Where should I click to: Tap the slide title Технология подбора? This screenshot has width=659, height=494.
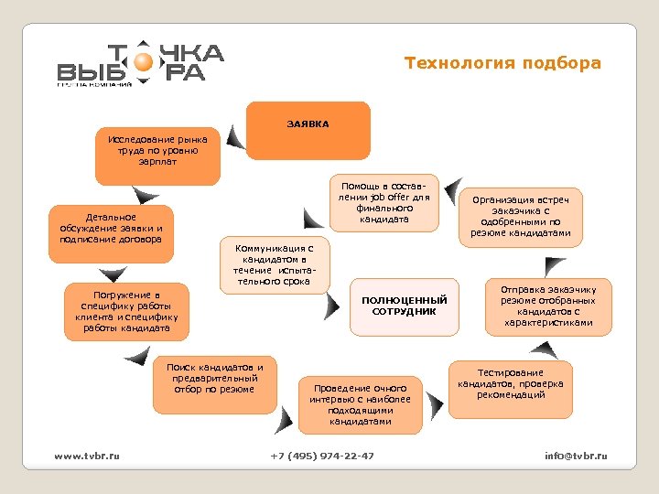pos(503,63)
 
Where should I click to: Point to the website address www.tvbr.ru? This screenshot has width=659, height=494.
pos(87,456)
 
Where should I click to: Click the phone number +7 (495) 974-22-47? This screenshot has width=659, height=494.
pos(322,456)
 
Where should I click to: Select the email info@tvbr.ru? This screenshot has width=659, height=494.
pos(576,456)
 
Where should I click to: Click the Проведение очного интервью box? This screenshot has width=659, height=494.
pos(360,404)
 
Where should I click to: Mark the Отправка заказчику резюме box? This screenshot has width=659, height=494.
pos(548,306)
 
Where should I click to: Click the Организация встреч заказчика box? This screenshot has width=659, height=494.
pos(520,217)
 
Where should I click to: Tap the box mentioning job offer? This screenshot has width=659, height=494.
pos(384,202)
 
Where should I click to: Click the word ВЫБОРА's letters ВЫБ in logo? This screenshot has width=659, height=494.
pos(92,71)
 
